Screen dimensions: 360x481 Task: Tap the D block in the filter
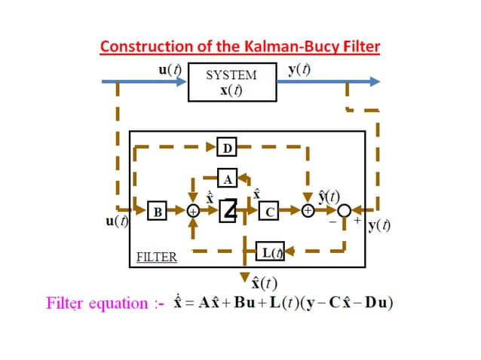[x=226, y=146]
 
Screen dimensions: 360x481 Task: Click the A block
[x=228, y=178]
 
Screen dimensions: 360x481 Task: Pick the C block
[x=269, y=212]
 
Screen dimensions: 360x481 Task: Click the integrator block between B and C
[x=228, y=212]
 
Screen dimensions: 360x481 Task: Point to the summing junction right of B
[x=193, y=212]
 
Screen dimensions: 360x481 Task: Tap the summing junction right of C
[x=308, y=212]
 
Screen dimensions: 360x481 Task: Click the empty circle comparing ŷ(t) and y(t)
[x=345, y=212]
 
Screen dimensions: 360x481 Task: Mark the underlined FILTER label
[x=156, y=257]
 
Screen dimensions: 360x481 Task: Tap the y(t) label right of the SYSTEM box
[x=302, y=70]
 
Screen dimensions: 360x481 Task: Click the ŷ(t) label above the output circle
[x=328, y=197]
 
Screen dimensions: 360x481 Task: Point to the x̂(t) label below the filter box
[x=265, y=283]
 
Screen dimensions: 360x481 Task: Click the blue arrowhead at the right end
[x=374, y=81]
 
